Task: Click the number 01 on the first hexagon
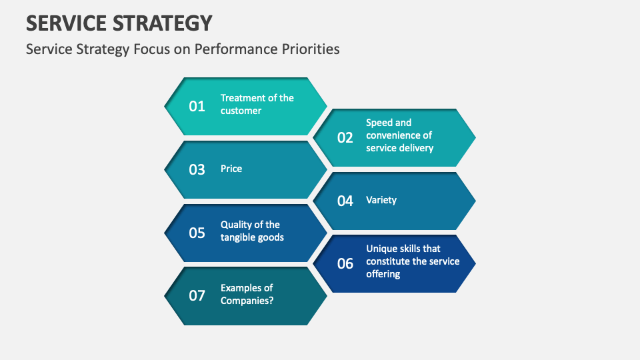tap(197, 106)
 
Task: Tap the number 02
tap(345, 138)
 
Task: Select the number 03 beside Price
tap(197, 169)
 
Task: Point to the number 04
tap(345, 201)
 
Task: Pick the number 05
tap(197, 233)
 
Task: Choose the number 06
tap(345, 263)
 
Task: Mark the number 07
tap(197, 295)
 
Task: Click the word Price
tap(231, 169)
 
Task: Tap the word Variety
tap(381, 200)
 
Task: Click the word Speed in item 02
tap(379, 123)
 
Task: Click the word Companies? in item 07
tap(247, 301)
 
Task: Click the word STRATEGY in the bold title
tap(167, 23)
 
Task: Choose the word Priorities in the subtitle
tap(310, 49)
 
